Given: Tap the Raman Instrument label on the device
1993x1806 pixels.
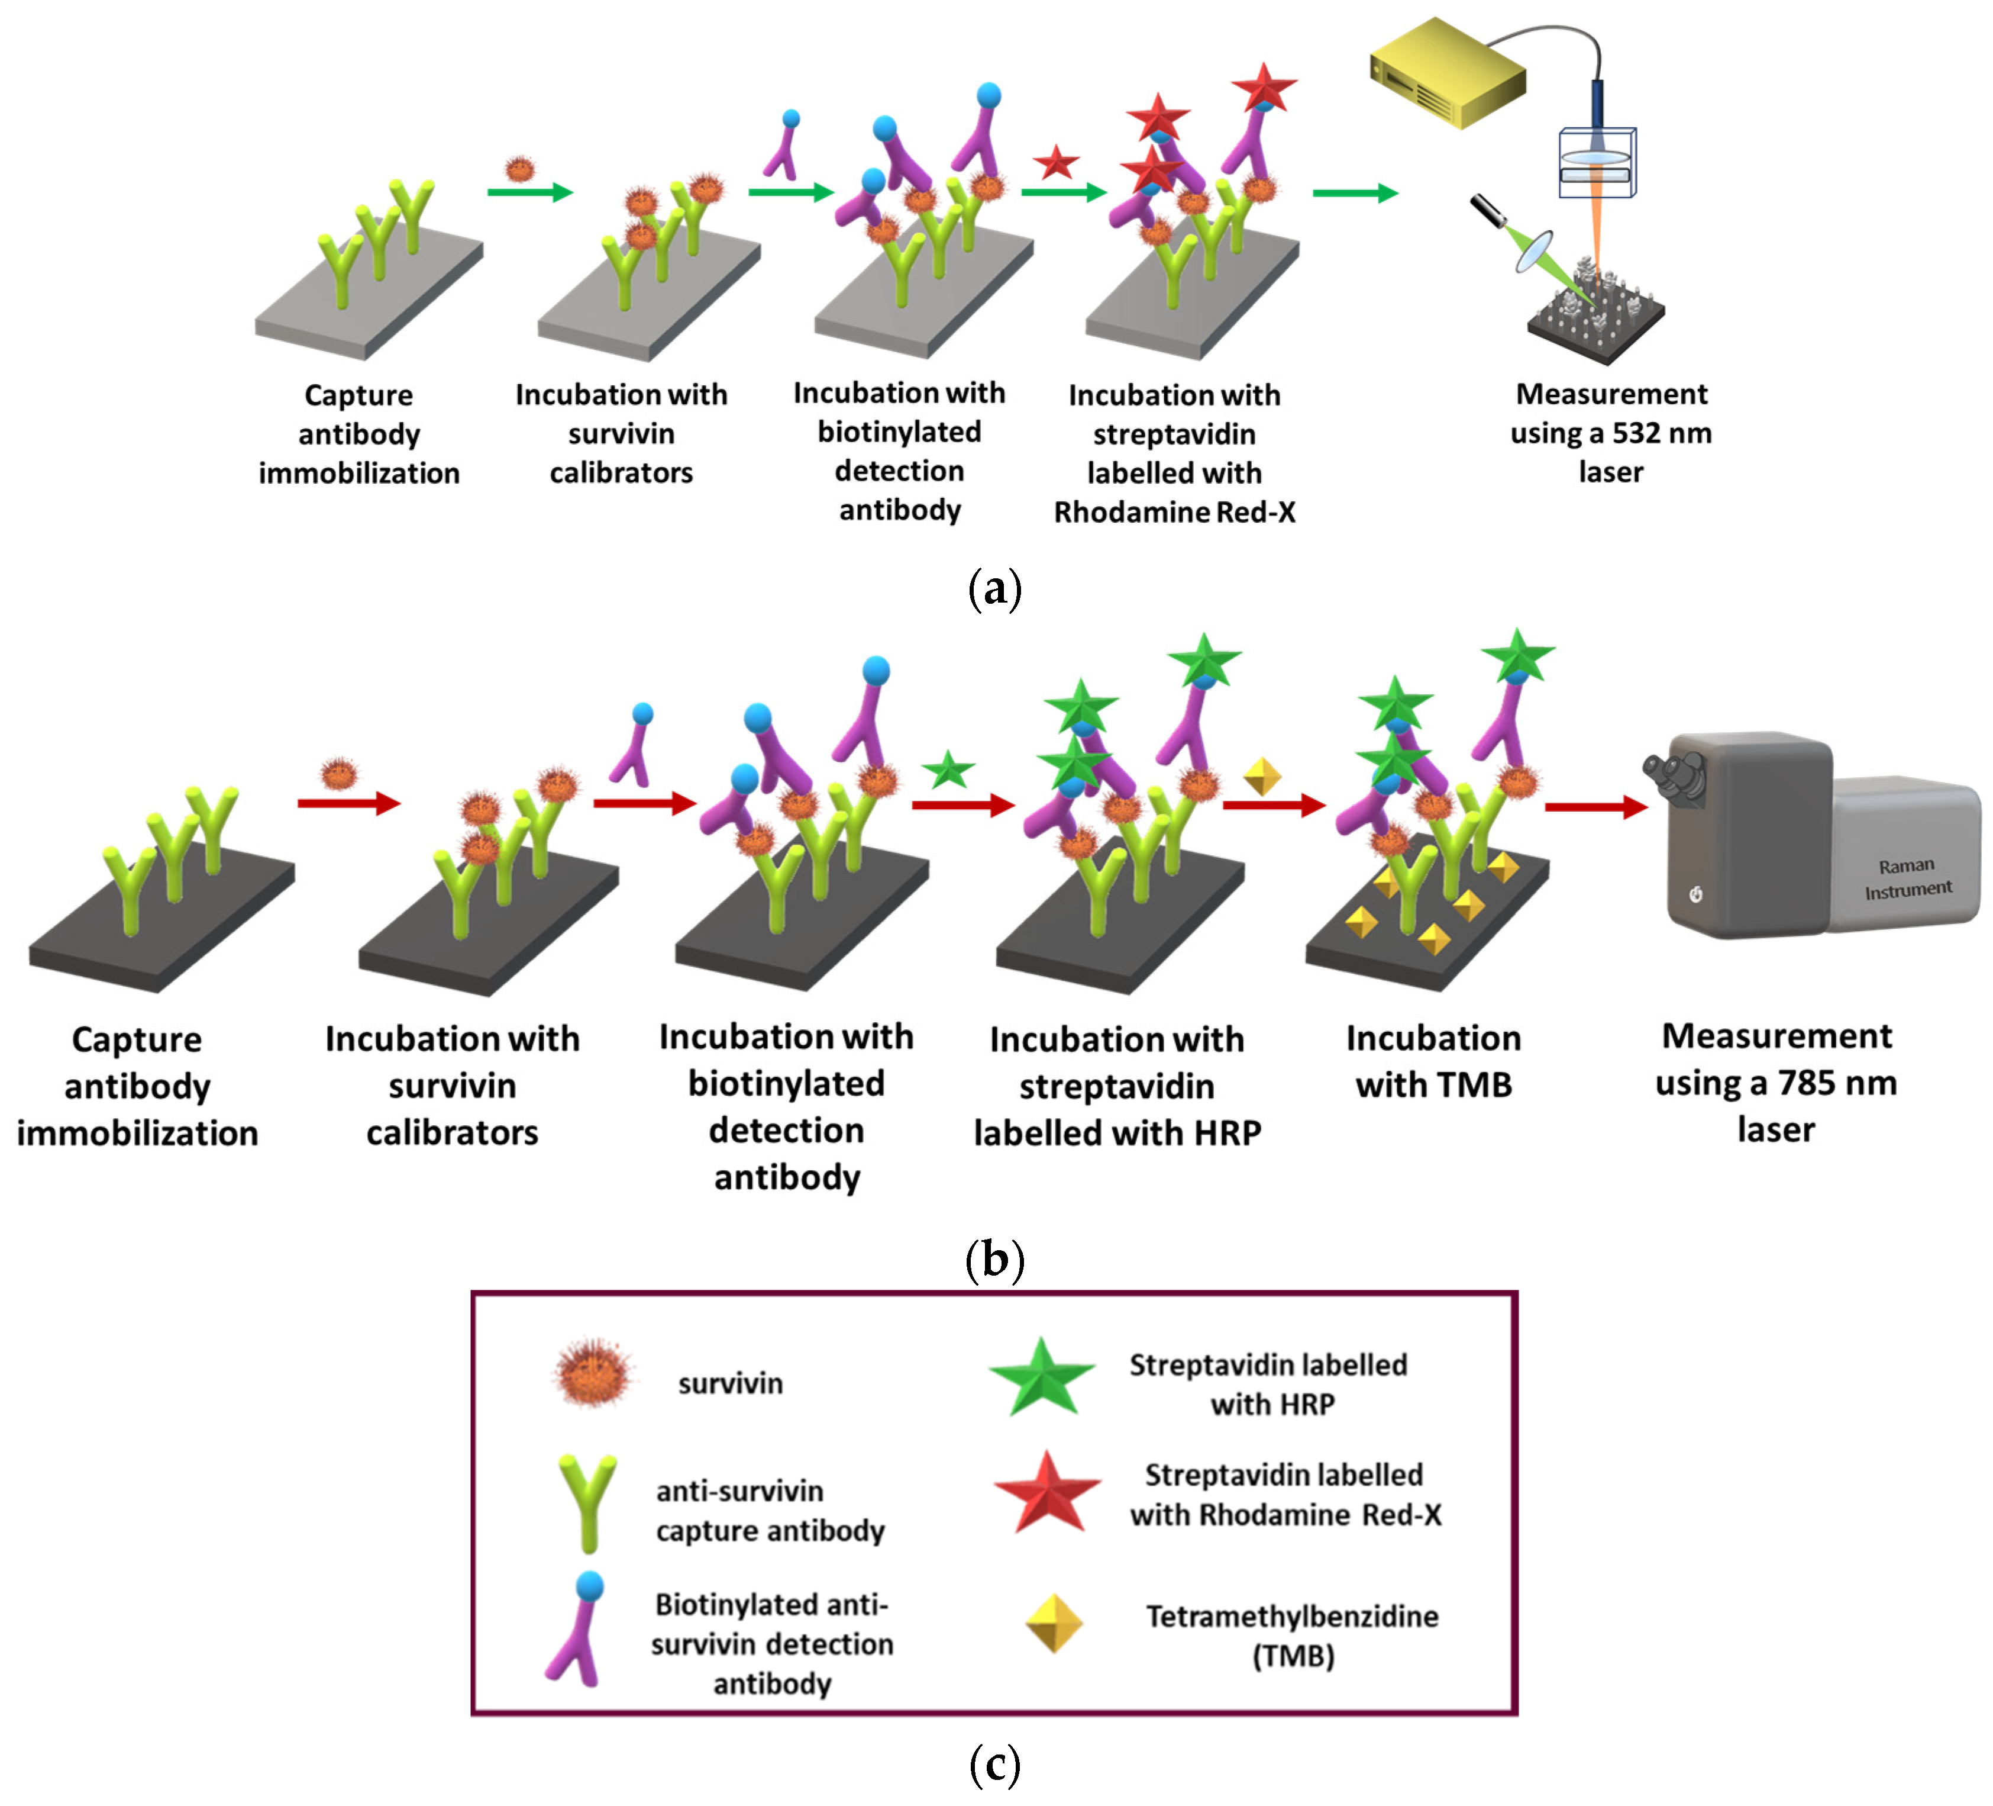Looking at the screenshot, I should pos(1907,877).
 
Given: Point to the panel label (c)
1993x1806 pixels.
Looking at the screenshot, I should pos(994,1765).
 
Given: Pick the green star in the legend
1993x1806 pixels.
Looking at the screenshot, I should pos(1041,1377).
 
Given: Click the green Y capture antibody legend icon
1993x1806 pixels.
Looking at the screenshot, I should pos(587,1501).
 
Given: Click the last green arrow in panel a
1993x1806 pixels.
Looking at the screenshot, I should pos(1354,193).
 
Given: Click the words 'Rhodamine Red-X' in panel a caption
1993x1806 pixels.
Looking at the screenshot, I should pos(1174,513).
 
